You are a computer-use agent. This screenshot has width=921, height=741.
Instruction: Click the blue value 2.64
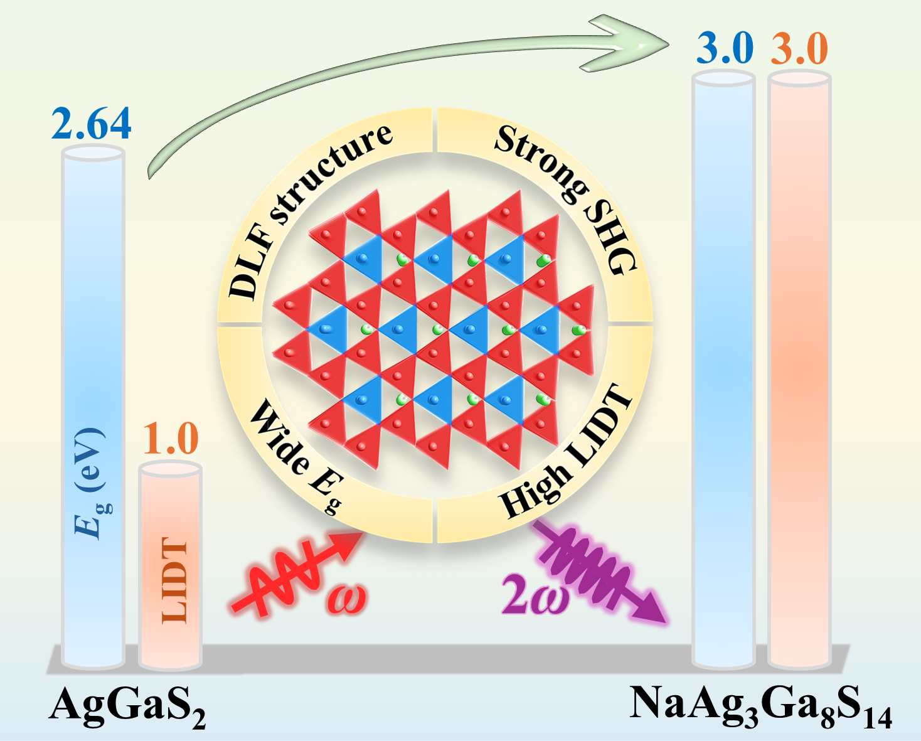tap(92, 124)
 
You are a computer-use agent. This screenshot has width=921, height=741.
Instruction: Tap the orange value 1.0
tap(171, 439)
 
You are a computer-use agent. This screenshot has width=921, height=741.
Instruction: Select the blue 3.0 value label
tap(725, 48)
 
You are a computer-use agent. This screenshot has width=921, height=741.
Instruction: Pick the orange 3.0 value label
tap(799, 48)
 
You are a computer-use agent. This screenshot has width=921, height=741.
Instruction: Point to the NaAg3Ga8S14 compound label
tap(760, 705)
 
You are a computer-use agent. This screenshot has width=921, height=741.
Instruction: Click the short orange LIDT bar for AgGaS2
tap(170, 565)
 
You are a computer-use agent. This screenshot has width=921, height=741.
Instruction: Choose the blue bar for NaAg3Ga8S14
tap(723, 370)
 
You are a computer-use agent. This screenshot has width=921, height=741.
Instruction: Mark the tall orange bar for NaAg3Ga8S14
tap(799, 370)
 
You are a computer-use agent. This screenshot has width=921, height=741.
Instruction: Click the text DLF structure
tap(307, 207)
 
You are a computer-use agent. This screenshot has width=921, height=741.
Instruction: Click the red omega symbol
tap(346, 599)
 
